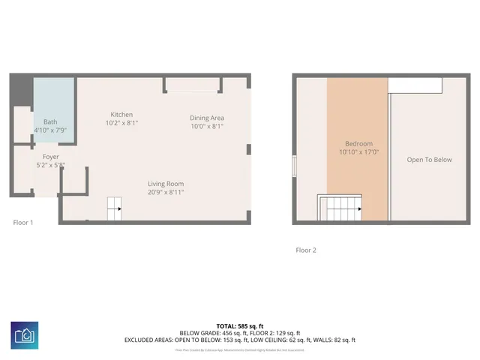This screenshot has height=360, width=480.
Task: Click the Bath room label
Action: click(x=50, y=121)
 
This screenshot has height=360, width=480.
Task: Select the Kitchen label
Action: click(x=121, y=114)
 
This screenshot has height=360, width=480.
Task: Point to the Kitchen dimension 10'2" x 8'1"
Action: click(x=121, y=122)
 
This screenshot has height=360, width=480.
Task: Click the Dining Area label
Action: click(x=207, y=118)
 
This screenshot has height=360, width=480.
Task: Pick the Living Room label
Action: click(x=166, y=184)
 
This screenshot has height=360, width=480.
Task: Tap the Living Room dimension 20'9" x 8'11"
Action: click(x=166, y=192)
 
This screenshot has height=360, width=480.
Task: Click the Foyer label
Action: click(x=50, y=157)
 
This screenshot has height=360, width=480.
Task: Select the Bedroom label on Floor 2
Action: click(x=358, y=144)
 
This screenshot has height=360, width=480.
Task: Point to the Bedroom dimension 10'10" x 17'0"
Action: click(x=358, y=152)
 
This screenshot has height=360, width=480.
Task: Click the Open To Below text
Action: click(x=430, y=160)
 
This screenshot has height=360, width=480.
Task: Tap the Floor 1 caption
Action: click(x=23, y=222)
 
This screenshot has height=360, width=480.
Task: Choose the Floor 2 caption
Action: click(x=306, y=250)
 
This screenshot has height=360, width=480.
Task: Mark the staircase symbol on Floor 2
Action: click(x=341, y=208)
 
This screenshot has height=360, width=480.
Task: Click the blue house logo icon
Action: click(x=25, y=334)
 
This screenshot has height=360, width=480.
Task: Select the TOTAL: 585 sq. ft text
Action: click(x=239, y=326)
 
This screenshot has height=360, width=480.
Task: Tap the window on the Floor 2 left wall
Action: click(x=294, y=166)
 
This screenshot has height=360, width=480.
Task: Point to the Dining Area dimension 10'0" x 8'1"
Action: click(x=207, y=127)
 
